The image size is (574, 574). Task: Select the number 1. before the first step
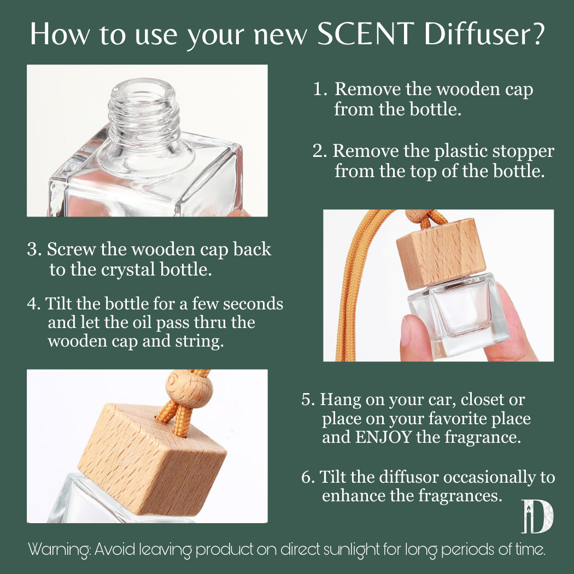pyautogui.click(x=320, y=89)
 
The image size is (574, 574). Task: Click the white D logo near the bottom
pyautogui.click(x=537, y=516)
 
